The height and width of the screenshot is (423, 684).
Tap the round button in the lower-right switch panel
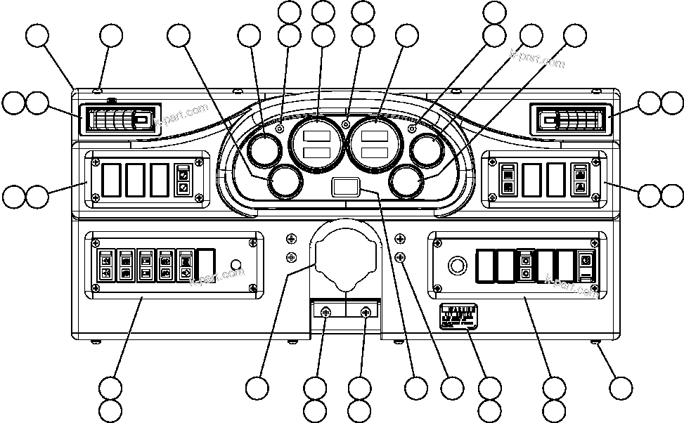tap(457, 266)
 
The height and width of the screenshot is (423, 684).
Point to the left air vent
tap(119, 120)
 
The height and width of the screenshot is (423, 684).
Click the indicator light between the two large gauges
tap(345, 125)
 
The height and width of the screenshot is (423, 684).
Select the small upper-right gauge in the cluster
tap(427, 150)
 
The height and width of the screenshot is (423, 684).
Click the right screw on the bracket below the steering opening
tap(366, 313)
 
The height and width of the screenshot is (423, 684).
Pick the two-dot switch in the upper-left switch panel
tap(183, 180)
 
